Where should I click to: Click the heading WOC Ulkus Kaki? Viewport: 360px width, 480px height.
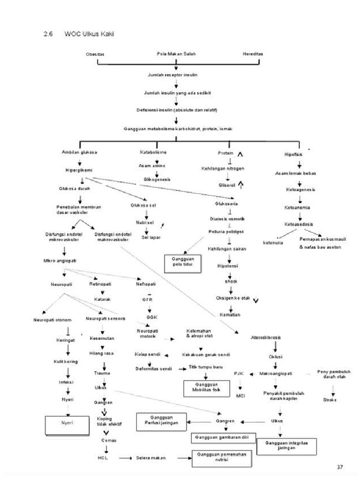click(x=89, y=34)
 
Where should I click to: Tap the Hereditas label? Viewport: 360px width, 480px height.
click(x=253, y=54)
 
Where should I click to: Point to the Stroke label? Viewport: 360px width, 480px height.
click(x=330, y=400)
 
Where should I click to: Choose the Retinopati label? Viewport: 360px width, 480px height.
click(x=99, y=284)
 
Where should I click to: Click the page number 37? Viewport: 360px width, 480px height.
click(x=341, y=467)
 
